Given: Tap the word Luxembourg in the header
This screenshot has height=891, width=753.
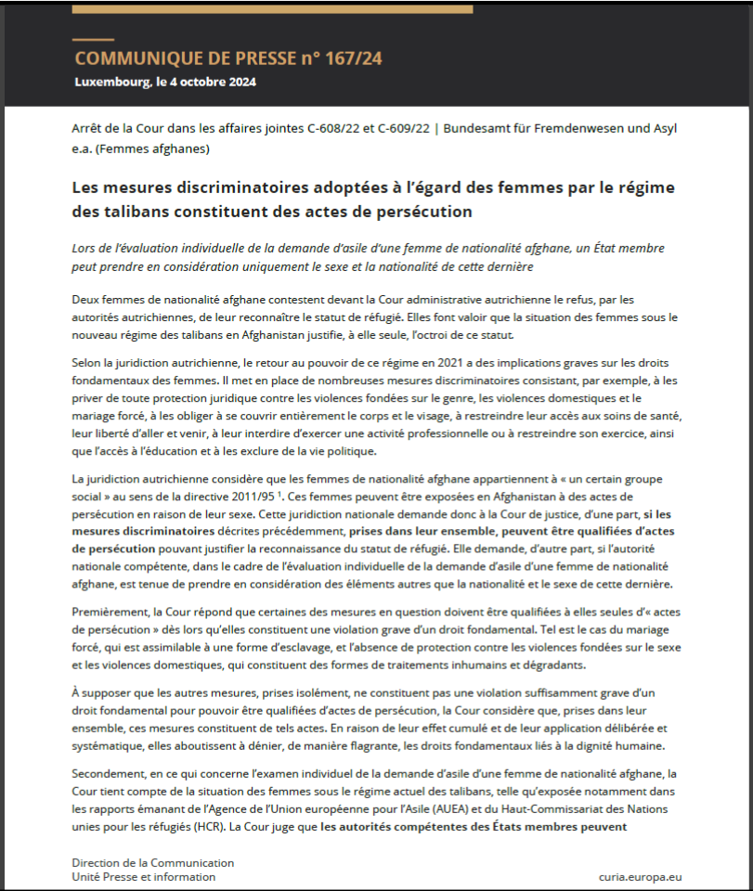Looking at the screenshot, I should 111,82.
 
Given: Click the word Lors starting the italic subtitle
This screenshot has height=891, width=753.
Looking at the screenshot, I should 85,249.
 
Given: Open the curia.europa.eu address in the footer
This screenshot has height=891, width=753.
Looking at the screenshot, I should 641,876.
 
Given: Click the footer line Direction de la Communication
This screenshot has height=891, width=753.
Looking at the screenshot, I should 153,862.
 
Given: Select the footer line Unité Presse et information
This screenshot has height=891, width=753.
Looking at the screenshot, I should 144,877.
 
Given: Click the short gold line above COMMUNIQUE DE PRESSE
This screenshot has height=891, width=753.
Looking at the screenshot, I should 93,40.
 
